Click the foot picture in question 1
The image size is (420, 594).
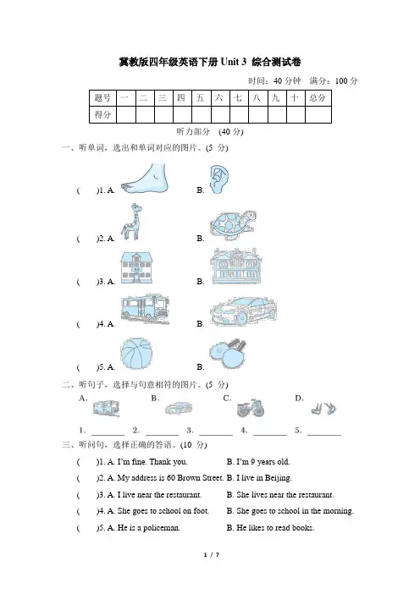[145, 179]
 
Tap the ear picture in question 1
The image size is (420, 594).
[219, 179]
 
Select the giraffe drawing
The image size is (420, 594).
[131, 222]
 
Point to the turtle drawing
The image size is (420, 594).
[232, 225]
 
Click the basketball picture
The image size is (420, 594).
[136, 354]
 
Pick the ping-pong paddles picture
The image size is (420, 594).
[228, 354]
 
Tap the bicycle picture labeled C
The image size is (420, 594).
[250, 408]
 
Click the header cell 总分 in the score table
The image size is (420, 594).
[318, 98]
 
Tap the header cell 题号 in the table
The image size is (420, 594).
[102, 98]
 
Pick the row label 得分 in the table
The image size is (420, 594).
[102, 114]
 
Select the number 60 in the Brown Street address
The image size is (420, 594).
[170, 478]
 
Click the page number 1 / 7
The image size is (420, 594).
[212, 555]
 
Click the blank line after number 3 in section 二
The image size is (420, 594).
[216, 435]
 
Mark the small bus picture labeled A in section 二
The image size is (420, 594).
[107, 409]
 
